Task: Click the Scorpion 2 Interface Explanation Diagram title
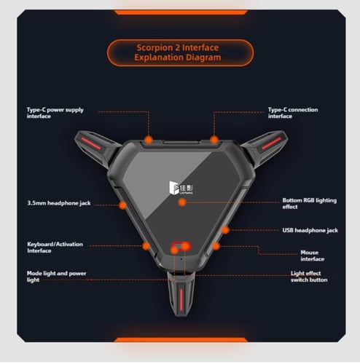tap(178, 52)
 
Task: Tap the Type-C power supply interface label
tap(55, 113)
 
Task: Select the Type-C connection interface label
tap(293, 113)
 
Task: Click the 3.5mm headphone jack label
tap(59, 203)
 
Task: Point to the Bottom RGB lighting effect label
tap(310, 203)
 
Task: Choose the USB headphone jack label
tap(310, 230)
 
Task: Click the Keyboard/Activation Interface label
tap(55, 248)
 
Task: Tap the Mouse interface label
tap(313, 256)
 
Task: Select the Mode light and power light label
tap(56, 277)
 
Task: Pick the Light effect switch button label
tap(309, 277)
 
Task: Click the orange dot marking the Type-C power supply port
tap(149, 140)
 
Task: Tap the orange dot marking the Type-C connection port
tap(214, 140)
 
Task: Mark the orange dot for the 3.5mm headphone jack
tap(123, 205)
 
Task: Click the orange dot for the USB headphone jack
tap(225, 230)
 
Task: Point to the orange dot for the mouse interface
tap(216, 246)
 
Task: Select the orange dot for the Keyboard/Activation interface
tap(146, 246)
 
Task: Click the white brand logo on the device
tap(181, 188)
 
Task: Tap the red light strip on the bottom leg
tap(181, 299)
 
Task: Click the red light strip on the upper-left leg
tap(91, 143)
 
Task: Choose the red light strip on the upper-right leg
tap(271, 143)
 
